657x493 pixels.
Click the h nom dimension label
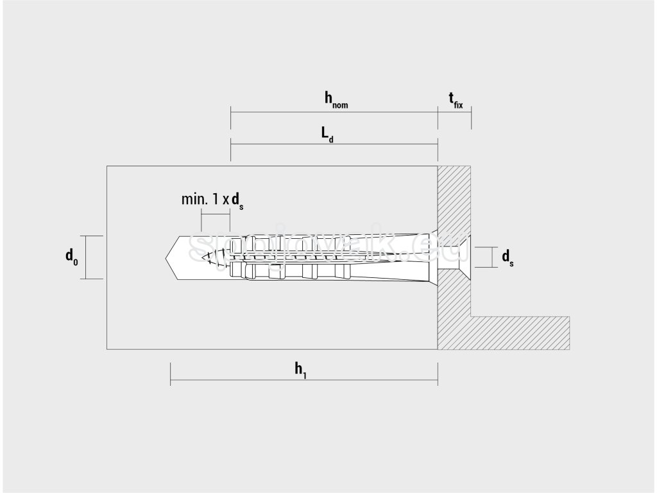tap(336, 99)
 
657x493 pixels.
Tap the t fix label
tap(454, 99)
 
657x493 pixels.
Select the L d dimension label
tap(327, 134)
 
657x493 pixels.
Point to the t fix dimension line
tap(454, 112)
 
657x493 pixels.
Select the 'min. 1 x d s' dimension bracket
tap(215, 212)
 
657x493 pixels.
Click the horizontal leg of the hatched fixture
tap(520, 333)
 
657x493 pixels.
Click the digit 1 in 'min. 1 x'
tap(213, 199)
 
